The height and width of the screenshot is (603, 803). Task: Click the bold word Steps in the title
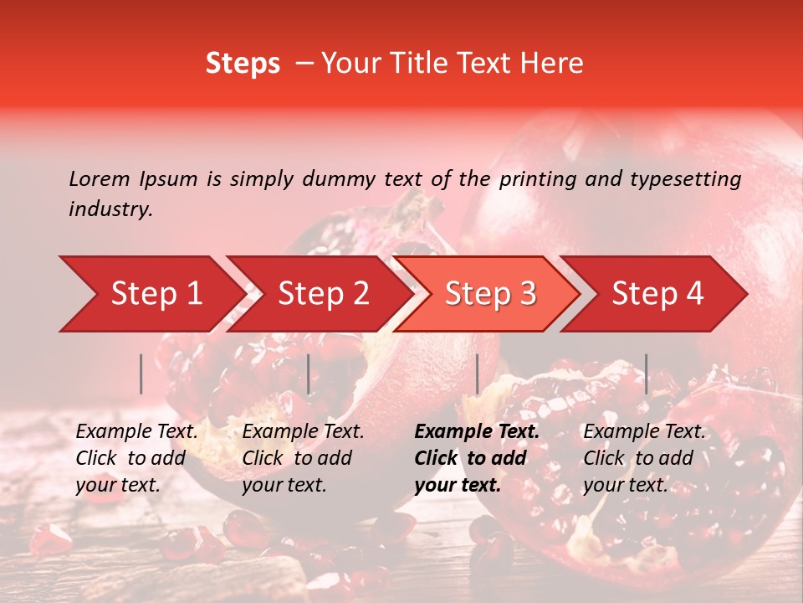tap(243, 64)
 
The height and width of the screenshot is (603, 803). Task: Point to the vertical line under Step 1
tap(141, 374)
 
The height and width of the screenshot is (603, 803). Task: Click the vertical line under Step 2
tap(309, 374)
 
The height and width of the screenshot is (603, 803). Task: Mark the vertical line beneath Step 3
tap(477, 374)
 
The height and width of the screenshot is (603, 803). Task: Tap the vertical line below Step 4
tap(646, 374)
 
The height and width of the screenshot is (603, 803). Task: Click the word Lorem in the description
tap(100, 179)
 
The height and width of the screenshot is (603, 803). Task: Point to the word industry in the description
tap(110, 209)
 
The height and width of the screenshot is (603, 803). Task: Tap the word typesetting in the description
tap(685, 179)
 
